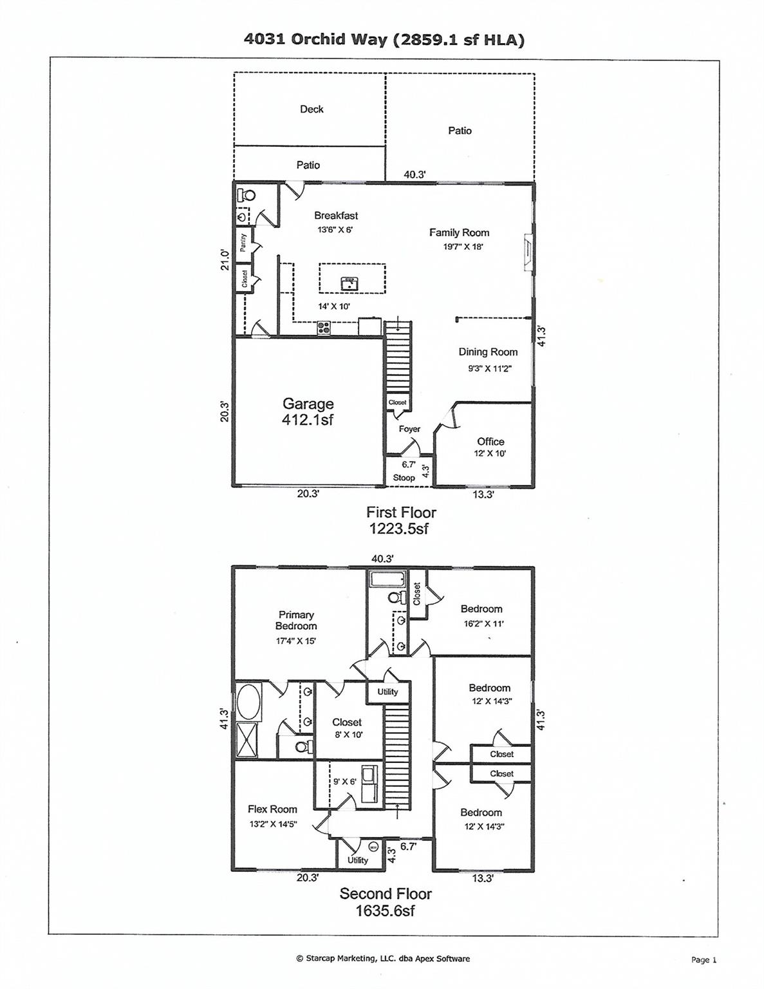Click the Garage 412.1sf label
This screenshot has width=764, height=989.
308,411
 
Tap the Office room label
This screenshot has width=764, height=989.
490,442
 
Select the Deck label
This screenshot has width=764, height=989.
312,109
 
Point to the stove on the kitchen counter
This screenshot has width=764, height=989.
324,328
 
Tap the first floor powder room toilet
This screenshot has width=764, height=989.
246,194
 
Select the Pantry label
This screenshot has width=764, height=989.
243,242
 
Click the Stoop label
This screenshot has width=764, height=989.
404,478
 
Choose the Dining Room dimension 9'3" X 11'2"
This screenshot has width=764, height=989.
489,369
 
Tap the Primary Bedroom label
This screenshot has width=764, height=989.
296,620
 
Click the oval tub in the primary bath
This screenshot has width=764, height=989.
247,702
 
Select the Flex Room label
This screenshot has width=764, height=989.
272,809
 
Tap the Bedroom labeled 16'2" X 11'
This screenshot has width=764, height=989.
481,609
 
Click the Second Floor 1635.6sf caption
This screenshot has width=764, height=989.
385,901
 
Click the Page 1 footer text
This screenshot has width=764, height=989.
703,959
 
